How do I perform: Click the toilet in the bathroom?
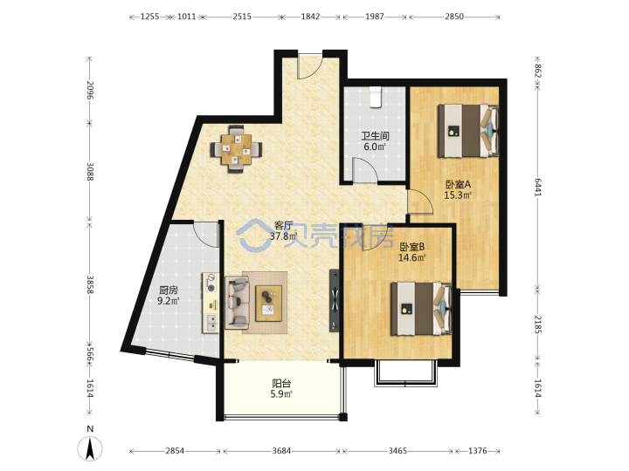tap(376, 97)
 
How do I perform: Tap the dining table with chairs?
tap(236, 149)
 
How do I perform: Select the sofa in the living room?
tap(237, 303)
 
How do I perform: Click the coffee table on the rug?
tap(269, 304)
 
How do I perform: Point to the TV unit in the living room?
tap(335, 300)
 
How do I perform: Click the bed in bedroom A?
tap(467, 131)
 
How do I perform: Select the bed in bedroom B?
tap(421, 308)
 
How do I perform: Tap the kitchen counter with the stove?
tap(211, 303)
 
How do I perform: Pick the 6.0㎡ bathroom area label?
tap(375, 147)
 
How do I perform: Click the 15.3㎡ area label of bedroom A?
tap(458, 195)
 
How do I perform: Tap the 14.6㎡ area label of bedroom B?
tap(412, 257)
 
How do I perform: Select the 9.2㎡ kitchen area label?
tap(168, 301)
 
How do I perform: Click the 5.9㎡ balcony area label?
tap(281, 394)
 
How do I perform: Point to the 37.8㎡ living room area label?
tap(283, 236)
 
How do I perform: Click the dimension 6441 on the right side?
tap(537, 187)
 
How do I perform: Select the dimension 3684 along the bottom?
tap(281, 451)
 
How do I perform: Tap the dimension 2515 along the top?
tap(242, 17)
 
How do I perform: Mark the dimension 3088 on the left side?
tap(90, 172)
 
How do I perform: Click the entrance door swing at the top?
tap(309, 65)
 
